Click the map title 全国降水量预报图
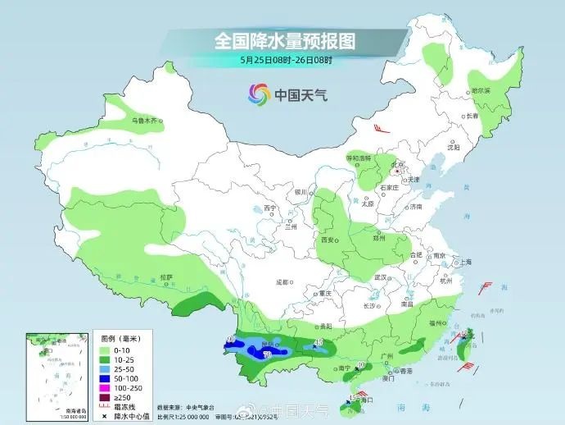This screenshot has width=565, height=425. [284, 39]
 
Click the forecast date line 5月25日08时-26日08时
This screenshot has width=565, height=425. [286, 59]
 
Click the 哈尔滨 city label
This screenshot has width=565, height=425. [480, 91]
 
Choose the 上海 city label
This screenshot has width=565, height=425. [465, 262]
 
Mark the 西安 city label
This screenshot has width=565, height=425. [328, 240]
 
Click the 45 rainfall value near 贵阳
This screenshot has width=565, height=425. [319, 342]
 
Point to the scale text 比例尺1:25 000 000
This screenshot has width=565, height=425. [184, 416]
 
